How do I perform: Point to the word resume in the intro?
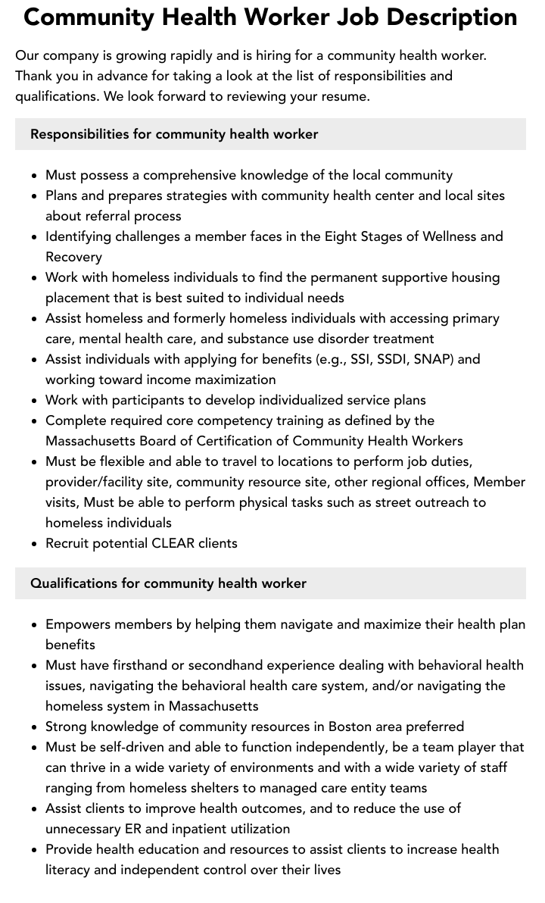coord(344,96)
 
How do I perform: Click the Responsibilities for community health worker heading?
coord(174,134)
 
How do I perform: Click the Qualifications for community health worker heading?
coord(168,583)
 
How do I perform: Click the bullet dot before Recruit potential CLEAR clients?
coord(35,544)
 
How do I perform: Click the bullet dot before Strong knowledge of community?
coord(35,727)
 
